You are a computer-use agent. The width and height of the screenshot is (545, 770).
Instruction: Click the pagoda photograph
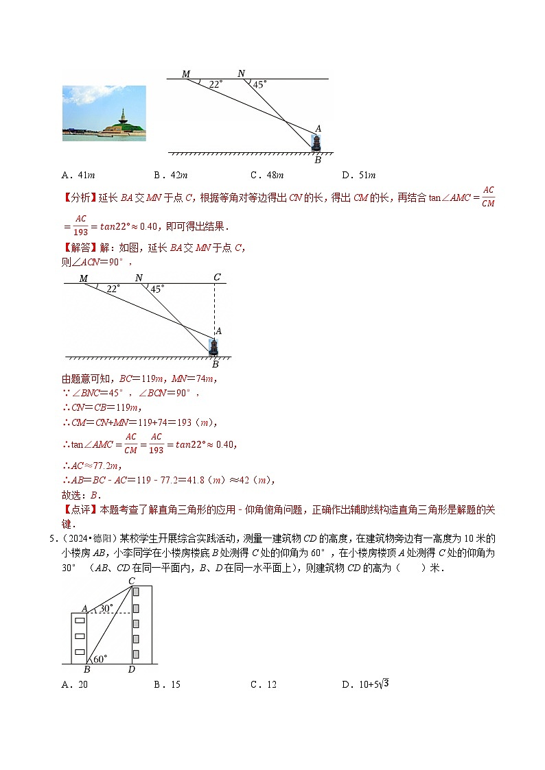pyautogui.click(x=104, y=113)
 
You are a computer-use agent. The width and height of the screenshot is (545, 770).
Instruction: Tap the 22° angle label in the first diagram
pyautogui.click(x=216, y=84)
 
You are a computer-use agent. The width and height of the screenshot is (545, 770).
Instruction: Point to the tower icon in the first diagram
pyautogui.click(x=316, y=143)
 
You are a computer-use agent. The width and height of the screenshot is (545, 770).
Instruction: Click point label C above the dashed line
pyautogui.click(x=217, y=277)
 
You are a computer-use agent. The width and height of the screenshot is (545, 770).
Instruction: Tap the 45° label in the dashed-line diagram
pyautogui.click(x=157, y=289)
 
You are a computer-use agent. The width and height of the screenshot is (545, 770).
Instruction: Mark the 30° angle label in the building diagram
pyautogui.click(x=105, y=608)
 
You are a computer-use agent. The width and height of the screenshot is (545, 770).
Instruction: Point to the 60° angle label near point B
pyautogui.click(x=100, y=659)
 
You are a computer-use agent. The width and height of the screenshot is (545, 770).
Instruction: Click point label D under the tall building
pyautogui.click(x=131, y=669)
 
